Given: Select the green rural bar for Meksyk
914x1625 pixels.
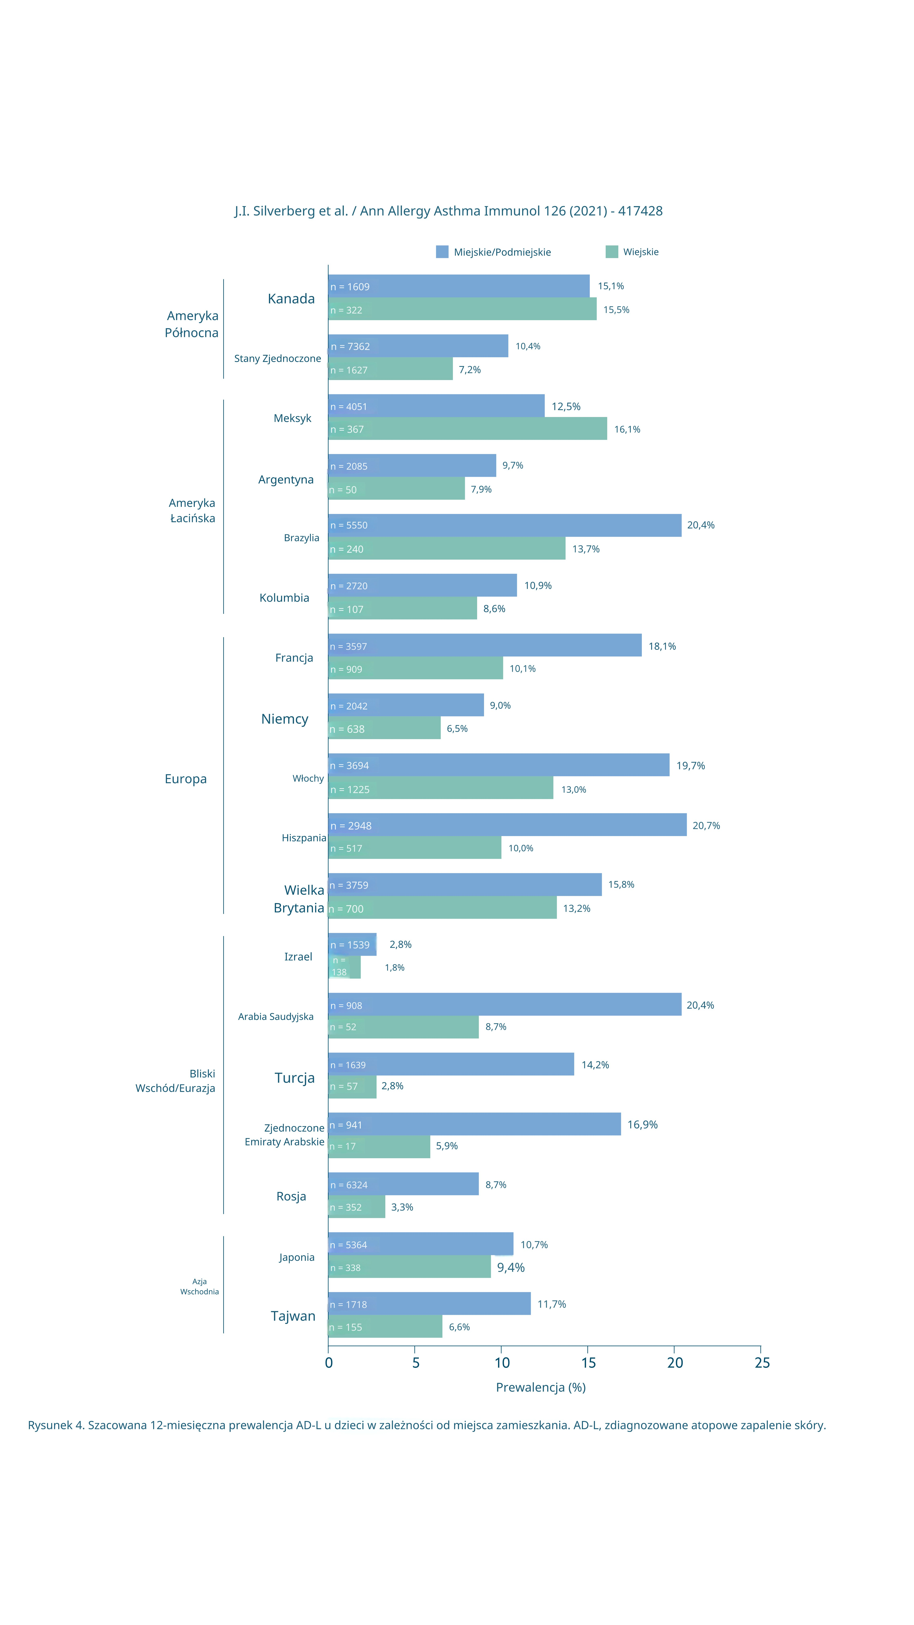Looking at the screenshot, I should point(467,429).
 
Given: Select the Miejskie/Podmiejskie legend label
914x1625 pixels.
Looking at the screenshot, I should point(502,252).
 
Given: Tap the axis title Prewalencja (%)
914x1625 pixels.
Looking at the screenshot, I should point(540,1387).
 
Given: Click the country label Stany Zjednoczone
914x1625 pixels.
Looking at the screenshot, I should point(277,358).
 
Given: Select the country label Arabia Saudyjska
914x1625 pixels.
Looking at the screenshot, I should point(276,1016).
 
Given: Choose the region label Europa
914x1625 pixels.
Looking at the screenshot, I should point(185,779).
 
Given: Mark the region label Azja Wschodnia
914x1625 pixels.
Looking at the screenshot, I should point(199,1286).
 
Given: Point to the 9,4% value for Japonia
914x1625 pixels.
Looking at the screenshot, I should point(510,1267).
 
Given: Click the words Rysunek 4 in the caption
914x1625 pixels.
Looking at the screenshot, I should point(55,1425).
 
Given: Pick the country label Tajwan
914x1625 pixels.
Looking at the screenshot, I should point(293,1316).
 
